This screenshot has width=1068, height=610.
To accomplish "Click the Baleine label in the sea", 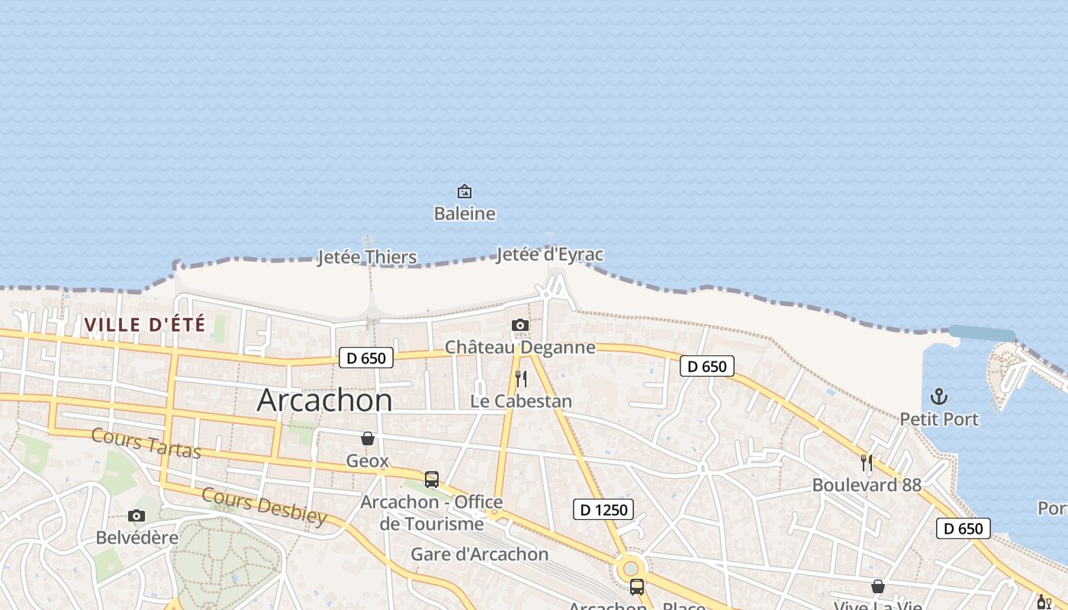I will click(465, 213).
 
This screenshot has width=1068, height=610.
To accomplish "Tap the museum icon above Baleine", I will click(465, 191).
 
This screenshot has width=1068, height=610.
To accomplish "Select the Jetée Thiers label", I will click(367, 257).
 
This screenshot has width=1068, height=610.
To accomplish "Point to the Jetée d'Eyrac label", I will click(549, 254).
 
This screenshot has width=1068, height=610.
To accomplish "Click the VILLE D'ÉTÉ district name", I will click(145, 325).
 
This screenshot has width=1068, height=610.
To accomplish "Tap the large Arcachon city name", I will click(324, 400).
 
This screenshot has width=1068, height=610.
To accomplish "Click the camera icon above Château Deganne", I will click(520, 326).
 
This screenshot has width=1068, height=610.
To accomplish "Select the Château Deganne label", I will click(520, 347).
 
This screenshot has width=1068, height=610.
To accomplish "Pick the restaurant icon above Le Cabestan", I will click(521, 378).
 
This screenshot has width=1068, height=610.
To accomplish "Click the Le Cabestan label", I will click(521, 401).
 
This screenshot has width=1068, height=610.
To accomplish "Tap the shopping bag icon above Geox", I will click(368, 438).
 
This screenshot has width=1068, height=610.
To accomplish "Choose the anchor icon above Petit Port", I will click(939, 396).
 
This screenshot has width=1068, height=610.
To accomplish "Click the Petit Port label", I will click(939, 419).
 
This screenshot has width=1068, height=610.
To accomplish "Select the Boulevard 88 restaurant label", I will click(867, 485).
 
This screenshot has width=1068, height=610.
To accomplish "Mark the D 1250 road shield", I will click(603, 509).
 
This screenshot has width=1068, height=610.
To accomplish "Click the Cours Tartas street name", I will click(146, 443).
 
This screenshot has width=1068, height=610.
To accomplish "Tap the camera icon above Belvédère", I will click(137, 516).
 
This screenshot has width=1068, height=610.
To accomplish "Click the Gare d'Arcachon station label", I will click(479, 554).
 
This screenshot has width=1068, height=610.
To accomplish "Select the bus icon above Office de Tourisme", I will click(432, 480).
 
